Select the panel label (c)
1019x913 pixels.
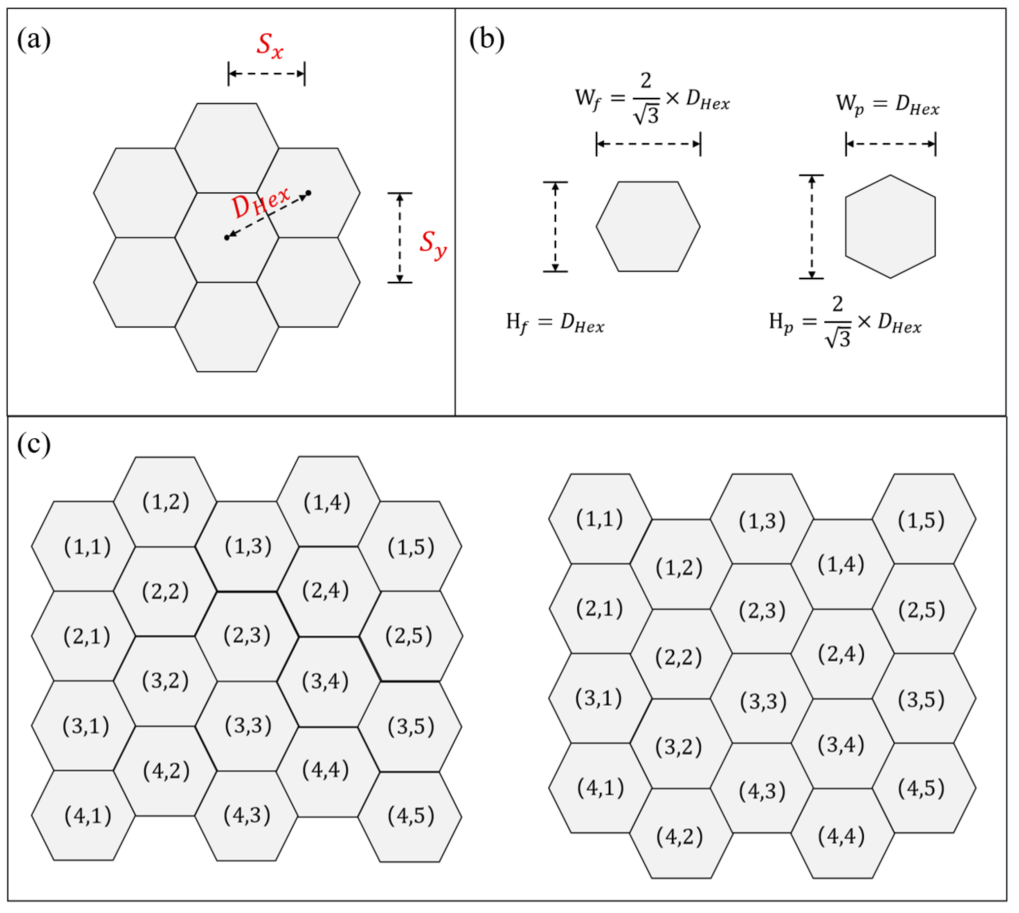point(34,444)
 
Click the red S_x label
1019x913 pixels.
point(270,47)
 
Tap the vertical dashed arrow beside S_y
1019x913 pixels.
point(400,238)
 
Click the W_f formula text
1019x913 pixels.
point(652,98)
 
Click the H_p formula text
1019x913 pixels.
point(844,323)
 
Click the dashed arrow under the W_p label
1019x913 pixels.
point(890,144)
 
